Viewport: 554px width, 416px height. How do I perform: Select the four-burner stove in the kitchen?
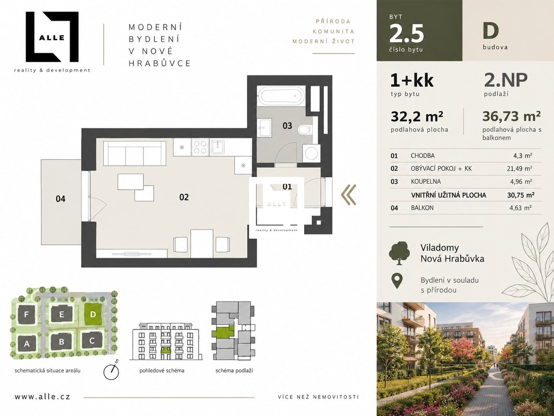200,147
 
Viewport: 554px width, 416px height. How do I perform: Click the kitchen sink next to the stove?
218,147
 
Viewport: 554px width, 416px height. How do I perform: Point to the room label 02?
184,197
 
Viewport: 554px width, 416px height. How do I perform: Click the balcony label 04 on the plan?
60,199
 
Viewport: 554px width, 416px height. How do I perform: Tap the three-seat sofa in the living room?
135,153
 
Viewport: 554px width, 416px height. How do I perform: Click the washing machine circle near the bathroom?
312,153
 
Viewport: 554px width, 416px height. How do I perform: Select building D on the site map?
93,314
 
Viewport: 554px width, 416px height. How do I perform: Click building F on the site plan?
26,314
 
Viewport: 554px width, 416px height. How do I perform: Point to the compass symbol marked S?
111,372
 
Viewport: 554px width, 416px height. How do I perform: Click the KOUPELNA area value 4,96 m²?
520,182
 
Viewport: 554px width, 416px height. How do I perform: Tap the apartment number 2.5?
406,34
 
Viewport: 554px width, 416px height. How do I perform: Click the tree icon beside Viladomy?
399,253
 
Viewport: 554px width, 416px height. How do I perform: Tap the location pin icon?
397,281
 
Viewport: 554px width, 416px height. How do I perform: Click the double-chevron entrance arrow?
349,195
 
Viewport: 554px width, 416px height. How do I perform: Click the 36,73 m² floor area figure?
512,116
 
